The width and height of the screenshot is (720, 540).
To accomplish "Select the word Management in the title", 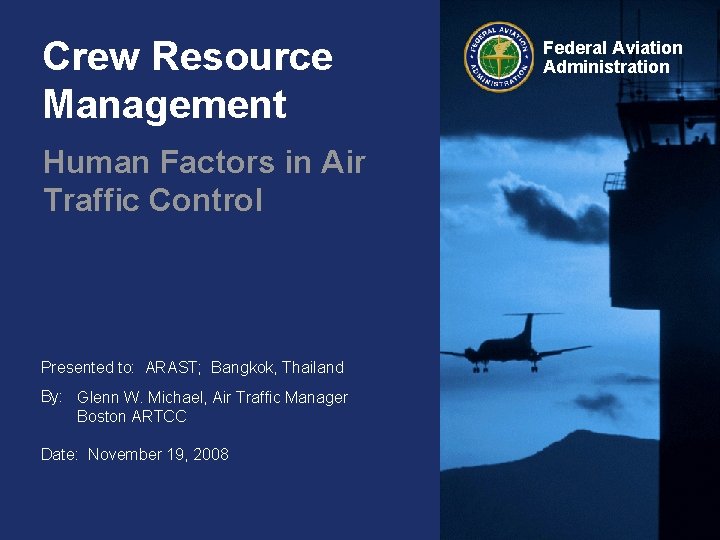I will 164,104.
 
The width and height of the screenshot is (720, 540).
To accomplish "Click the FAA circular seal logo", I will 498,56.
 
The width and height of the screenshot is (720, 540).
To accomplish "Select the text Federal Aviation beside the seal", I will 612,48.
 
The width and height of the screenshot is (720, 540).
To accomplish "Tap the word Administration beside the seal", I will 606,67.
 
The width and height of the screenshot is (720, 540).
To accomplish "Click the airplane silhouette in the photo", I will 516,345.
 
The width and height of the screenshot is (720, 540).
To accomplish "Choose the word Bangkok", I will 241,367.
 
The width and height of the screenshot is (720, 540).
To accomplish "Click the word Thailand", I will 312,367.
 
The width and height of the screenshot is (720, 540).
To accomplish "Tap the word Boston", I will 102,416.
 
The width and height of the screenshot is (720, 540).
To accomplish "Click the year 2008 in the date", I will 210,454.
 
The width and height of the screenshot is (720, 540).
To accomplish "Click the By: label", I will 52,396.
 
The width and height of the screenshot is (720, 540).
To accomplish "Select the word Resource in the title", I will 237,57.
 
